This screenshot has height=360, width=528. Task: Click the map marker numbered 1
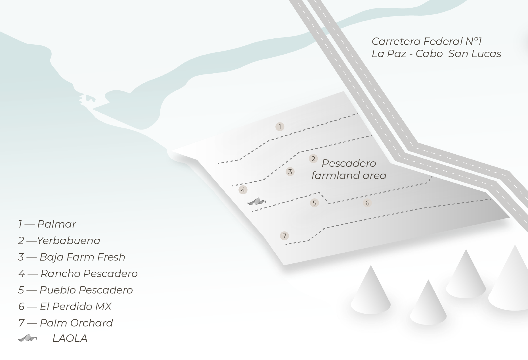pos(280,127)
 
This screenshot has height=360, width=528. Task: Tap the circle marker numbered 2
pos(313,159)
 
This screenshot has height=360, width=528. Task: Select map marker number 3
pos(290,172)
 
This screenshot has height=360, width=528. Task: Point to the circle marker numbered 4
pos(243,190)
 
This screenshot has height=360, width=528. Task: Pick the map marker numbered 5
pos(314,203)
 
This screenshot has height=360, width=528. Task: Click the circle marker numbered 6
pos(367,203)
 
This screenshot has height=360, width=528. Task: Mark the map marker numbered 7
pos(284,236)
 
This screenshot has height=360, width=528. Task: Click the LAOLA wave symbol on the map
pos(256,202)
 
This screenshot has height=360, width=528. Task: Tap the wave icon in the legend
pos(27,338)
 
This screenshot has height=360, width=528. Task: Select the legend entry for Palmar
pos(56,224)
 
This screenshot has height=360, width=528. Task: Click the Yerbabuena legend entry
pos(68,241)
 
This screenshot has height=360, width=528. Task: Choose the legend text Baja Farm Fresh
pos(82,257)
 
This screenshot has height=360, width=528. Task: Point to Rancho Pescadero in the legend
pos(89,274)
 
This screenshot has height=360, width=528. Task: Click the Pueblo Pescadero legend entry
pos(86,290)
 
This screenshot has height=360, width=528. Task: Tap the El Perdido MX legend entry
pos(76,307)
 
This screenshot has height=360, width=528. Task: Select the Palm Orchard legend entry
pos(76,323)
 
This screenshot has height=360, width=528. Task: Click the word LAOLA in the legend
pos(70,338)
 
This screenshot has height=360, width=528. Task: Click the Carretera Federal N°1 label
pos(427,41)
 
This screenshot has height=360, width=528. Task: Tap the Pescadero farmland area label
pos(349,169)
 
